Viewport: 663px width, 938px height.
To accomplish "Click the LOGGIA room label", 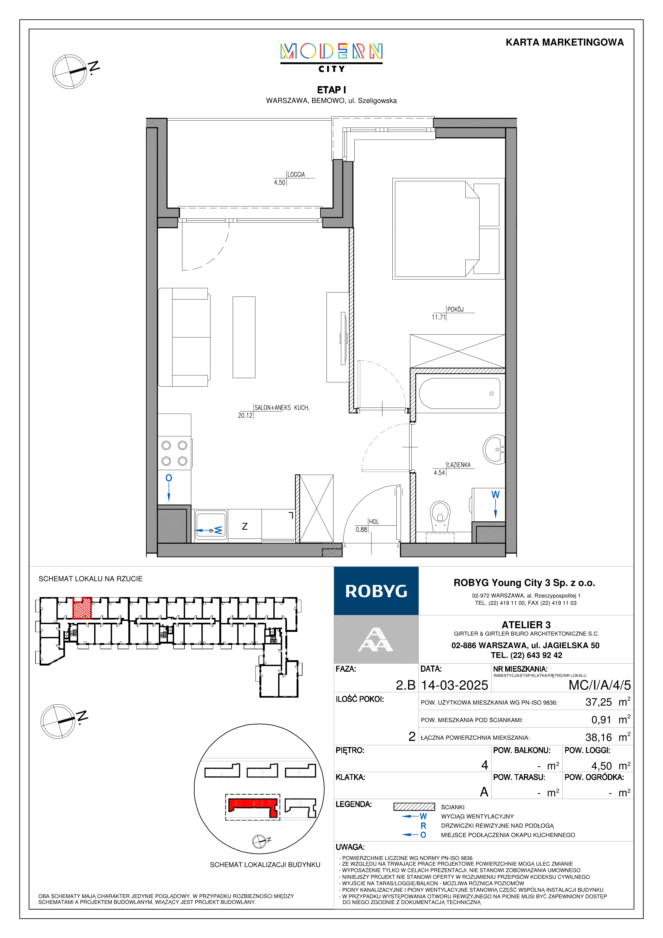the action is click(x=296, y=174).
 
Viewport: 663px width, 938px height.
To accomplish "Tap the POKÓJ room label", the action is click(x=455, y=309).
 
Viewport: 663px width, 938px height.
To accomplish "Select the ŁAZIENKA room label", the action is click(x=458, y=465).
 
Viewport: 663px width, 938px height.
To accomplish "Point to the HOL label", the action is click(x=374, y=522).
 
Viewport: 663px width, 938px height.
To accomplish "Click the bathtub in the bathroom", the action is click(x=459, y=393).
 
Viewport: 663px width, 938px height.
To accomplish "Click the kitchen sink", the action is click(x=211, y=525).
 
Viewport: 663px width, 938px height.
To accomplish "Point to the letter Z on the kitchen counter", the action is click(x=245, y=526).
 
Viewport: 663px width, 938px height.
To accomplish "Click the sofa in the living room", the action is click(x=184, y=337).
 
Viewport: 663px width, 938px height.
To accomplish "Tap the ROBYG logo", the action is click(x=376, y=591).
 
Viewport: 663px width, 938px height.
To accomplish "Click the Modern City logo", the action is click(x=331, y=57).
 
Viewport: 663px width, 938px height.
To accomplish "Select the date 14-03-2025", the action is click(x=455, y=685).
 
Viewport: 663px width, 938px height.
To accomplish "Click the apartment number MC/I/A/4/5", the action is click(x=600, y=685).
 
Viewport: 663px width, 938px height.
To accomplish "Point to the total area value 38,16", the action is click(x=599, y=737).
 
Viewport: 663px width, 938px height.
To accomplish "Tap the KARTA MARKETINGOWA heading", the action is click(x=565, y=43).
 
